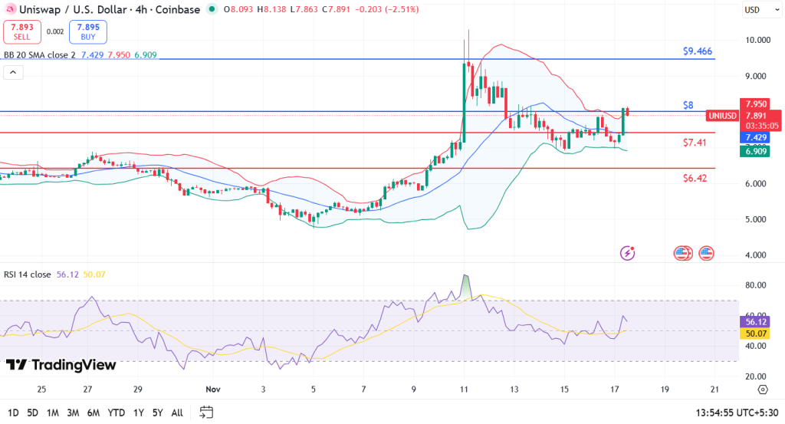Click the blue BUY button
(87, 31)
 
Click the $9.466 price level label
(697, 51)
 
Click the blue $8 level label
(688, 104)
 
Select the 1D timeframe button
(14, 412)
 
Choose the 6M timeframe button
(93, 412)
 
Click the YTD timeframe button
(117, 412)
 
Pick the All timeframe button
(176, 412)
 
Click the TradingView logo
(61, 365)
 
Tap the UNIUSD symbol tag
(721, 116)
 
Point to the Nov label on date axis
(213, 389)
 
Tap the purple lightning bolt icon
(628, 252)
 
